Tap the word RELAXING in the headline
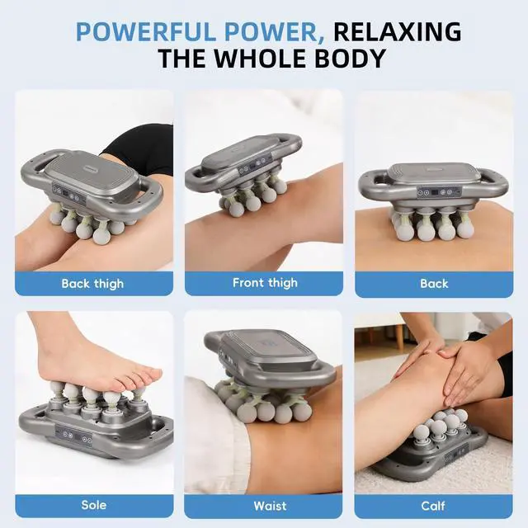(x=398, y=31)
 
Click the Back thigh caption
(x=92, y=284)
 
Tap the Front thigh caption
(x=265, y=282)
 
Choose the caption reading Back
(x=434, y=284)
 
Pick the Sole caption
(x=94, y=505)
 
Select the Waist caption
(x=270, y=506)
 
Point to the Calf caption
(x=433, y=506)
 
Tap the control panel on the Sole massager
(x=74, y=435)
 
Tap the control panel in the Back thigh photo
(x=68, y=194)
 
